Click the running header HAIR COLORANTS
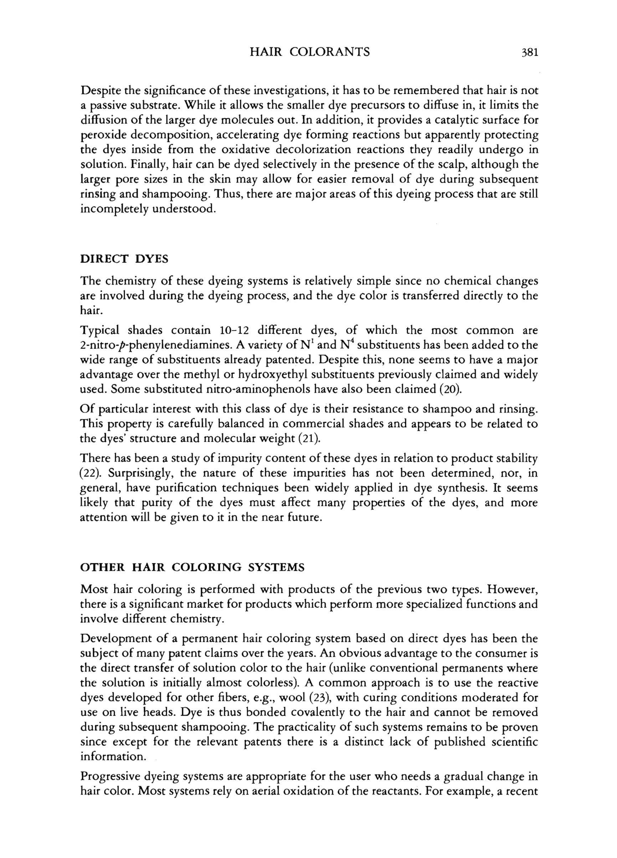[310, 52]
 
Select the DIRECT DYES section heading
[124, 259]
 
